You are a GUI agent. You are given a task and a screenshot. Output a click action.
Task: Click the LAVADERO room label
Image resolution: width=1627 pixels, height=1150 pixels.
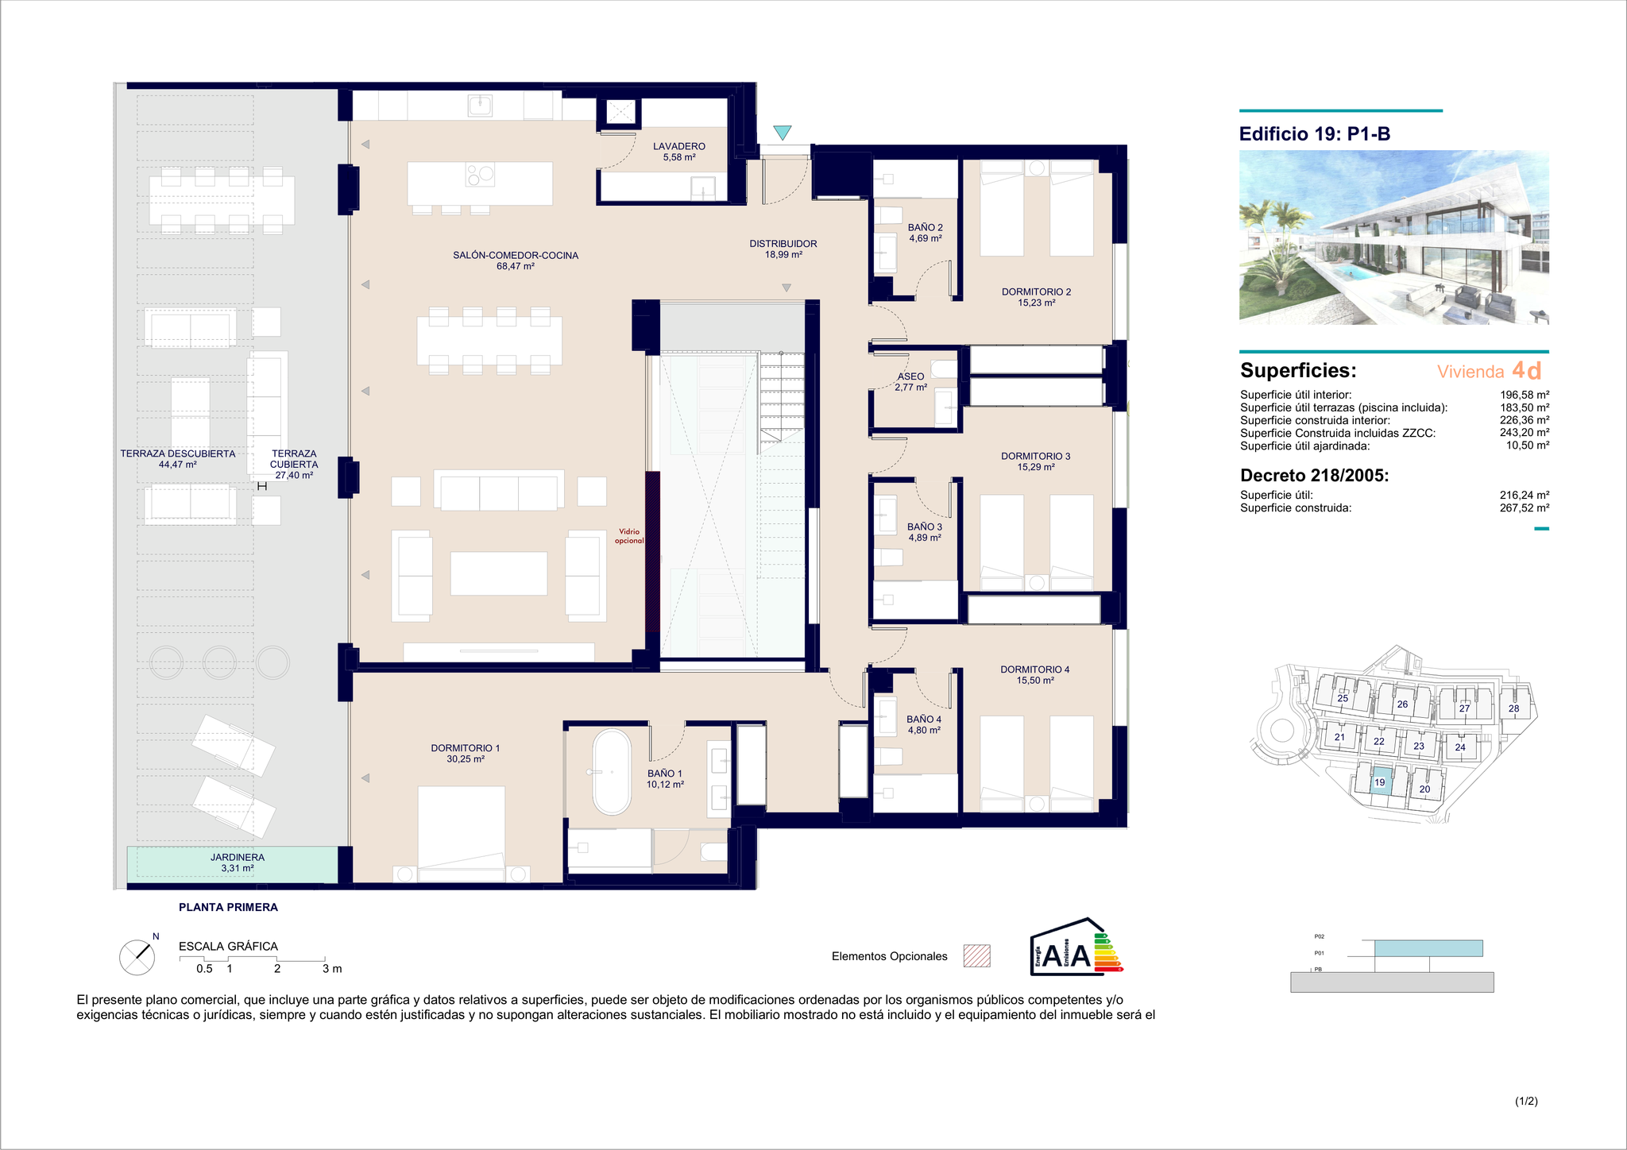click(679, 146)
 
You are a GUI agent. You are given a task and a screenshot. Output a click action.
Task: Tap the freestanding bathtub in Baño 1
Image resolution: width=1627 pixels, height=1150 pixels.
click(612, 772)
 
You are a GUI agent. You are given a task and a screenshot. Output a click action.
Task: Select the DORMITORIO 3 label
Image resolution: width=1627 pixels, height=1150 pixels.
click(1036, 456)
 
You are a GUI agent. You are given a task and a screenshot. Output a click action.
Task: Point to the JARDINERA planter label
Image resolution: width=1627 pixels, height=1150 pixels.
click(238, 857)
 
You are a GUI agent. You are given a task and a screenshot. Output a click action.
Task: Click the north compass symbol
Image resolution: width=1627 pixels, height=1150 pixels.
click(137, 957)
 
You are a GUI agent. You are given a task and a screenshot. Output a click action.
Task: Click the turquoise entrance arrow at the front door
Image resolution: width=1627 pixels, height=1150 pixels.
click(783, 133)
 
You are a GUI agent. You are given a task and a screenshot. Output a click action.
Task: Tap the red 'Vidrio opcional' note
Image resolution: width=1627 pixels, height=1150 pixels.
click(629, 536)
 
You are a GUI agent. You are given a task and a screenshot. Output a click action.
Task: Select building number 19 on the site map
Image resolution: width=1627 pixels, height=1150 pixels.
click(1380, 782)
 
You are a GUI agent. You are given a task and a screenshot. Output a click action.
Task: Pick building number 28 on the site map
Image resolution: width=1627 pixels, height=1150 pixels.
click(1513, 708)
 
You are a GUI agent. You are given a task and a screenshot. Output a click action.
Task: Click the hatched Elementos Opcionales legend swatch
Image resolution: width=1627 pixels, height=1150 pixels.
click(977, 955)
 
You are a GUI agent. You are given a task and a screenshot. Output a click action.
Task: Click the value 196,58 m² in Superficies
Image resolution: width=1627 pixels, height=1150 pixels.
click(1525, 395)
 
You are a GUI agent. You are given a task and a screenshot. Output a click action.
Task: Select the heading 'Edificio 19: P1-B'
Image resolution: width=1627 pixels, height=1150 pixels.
click(1315, 133)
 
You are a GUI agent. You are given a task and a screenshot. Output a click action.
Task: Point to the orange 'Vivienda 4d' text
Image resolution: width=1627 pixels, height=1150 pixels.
click(1490, 371)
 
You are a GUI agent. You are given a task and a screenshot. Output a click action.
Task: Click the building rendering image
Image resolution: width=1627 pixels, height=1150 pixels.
click(1394, 237)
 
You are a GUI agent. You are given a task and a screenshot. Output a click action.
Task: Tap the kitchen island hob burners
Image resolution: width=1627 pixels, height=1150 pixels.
click(480, 173)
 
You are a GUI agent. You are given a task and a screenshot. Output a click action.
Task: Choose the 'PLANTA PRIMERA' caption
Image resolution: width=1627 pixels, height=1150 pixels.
click(228, 907)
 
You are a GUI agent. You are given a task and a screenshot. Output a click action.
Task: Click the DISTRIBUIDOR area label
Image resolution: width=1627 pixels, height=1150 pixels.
click(783, 244)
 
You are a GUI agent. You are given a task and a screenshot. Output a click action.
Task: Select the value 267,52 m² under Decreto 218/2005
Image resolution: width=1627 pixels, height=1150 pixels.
click(1525, 507)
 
